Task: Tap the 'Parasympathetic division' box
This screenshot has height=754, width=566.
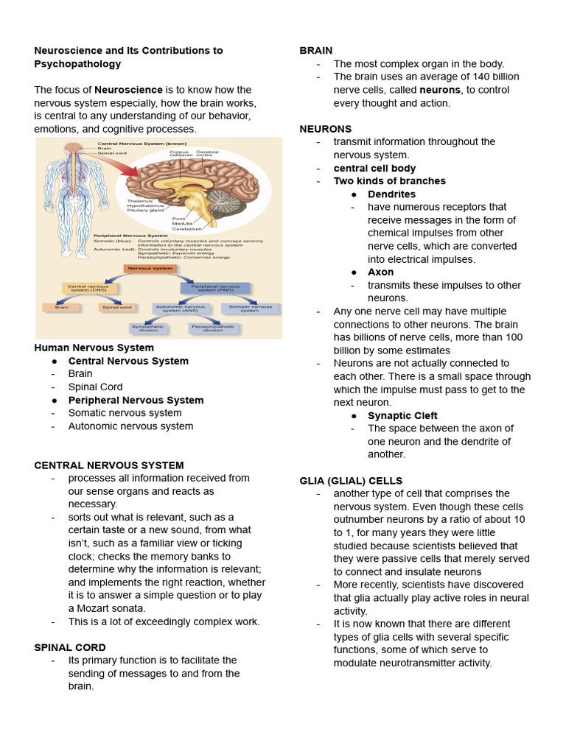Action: coord(213,328)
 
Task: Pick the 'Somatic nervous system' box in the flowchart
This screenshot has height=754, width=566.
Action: coord(250,309)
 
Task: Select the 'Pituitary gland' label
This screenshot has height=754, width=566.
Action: coord(145,211)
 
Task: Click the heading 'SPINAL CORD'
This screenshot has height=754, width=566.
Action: coord(63,647)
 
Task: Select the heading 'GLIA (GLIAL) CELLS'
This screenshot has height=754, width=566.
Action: coord(351,481)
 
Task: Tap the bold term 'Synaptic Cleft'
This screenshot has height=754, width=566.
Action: coord(402,416)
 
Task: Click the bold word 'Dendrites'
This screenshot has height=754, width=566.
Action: coord(391,194)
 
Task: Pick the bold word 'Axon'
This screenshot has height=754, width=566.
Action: coord(380,272)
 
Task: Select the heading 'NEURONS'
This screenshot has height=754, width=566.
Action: coord(325,129)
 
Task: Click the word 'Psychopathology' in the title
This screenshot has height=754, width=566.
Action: coord(77,64)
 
